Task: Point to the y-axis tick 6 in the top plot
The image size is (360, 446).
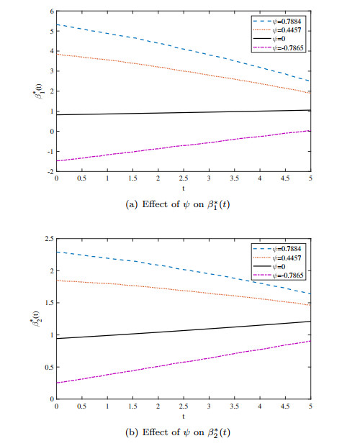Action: tap(51, 12)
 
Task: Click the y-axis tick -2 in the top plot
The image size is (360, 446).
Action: tap(50, 172)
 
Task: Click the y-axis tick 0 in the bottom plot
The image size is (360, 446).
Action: tap(50, 399)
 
